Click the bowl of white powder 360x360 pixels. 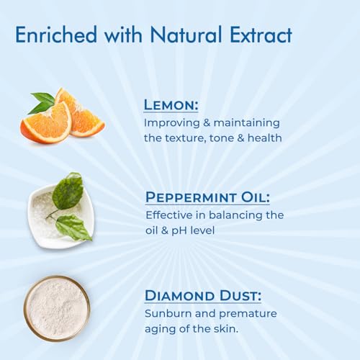(x=56, y=308)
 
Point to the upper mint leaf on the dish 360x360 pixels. (x=68, y=191)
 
